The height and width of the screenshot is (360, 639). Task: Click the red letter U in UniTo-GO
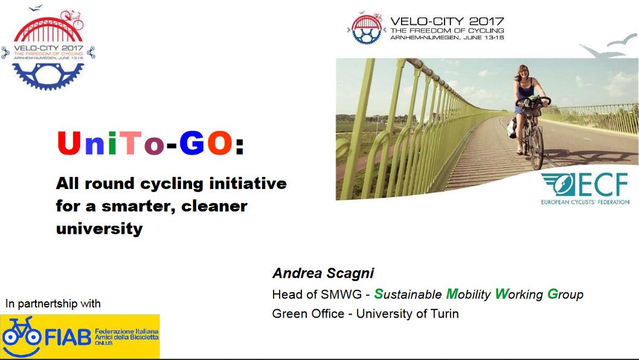pos(69,143)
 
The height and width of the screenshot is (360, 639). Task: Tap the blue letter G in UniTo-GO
pos(192,143)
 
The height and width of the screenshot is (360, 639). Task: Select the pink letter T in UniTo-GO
pos(131,143)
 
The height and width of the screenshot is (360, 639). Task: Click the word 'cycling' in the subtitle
pos(172,184)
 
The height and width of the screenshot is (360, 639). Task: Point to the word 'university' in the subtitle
pos(100,229)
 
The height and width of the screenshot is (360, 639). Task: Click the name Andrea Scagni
pos(323,273)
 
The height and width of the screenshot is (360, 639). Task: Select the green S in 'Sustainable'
pos(379,294)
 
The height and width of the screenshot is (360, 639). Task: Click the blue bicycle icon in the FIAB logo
pos(21,334)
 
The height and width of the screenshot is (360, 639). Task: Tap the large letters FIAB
pos(68,338)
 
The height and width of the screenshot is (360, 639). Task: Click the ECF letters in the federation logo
pos(603,185)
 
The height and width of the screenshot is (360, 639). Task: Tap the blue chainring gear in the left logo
pos(48,76)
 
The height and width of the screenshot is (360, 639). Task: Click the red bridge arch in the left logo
pos(48,30)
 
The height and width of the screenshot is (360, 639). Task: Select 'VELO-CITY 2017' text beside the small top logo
pos(447,21)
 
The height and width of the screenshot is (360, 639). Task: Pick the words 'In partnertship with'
pos(53,304)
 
